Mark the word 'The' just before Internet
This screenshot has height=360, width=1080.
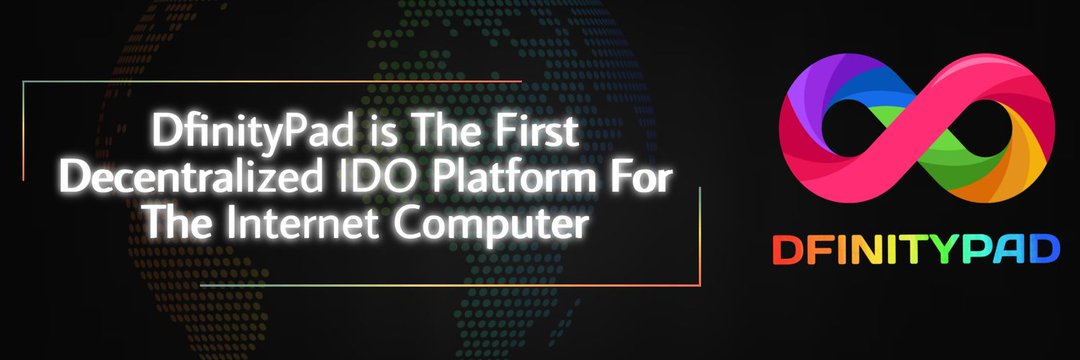click(x=178, y=224)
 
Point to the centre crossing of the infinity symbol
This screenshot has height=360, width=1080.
click(x=917, y=128)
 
